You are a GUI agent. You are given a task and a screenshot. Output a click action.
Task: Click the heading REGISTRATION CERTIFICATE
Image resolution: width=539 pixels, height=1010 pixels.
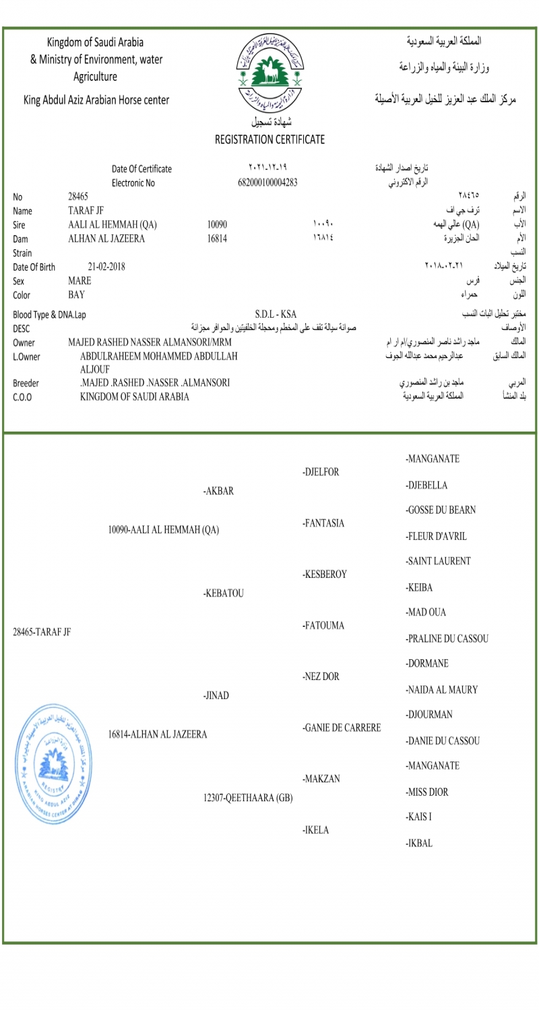269,140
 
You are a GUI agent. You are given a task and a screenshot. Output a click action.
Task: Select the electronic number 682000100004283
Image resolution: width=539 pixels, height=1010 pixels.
268,182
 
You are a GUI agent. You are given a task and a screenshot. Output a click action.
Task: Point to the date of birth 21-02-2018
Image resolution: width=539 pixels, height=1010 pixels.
106,267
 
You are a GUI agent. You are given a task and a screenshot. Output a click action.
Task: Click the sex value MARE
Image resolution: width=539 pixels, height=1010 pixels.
80,281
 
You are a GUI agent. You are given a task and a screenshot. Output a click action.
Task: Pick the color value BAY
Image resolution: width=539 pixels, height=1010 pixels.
76,294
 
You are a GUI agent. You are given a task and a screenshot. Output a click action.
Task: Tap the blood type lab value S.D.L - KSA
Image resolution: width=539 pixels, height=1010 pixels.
276,314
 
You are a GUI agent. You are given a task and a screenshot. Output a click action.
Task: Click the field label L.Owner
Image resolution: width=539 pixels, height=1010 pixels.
27,356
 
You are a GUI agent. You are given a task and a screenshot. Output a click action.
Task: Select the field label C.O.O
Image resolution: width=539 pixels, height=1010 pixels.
22,397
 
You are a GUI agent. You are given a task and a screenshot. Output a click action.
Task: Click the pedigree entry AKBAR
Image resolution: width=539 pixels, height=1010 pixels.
218,492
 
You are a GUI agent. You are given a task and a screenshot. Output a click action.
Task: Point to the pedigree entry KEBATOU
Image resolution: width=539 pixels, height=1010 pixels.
223,594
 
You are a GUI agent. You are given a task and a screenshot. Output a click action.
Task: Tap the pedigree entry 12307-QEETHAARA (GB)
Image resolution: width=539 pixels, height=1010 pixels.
248,799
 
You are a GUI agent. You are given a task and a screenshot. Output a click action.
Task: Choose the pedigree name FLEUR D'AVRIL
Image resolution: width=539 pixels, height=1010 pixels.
437,537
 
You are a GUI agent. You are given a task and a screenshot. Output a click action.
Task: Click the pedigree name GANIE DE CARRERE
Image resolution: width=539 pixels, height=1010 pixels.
342,728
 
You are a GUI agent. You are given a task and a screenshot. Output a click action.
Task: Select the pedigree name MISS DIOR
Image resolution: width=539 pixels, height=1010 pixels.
427,793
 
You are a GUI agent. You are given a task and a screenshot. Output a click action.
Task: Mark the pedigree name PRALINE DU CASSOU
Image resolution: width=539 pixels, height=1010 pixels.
447,638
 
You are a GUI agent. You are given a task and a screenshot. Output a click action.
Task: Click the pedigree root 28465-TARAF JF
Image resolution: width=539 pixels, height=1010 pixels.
42,632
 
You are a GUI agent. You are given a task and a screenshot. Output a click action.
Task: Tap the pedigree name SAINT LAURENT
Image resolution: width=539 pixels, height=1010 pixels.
439,562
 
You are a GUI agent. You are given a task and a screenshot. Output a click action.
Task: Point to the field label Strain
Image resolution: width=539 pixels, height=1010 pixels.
23,253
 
